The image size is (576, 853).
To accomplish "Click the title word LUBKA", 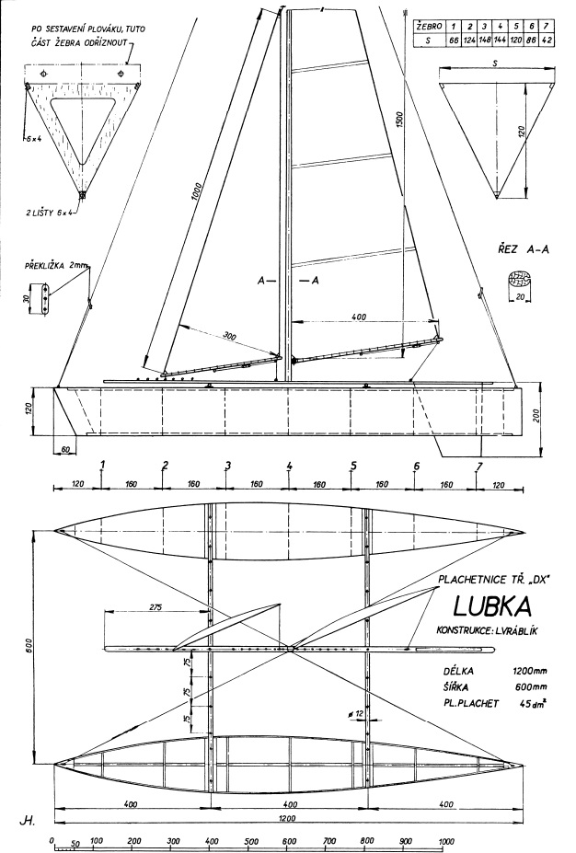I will click(x=493, y=608).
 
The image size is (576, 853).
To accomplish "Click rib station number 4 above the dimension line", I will click(x=289, y=466).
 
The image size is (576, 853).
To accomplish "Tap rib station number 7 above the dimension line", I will click(x=478, y=466).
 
